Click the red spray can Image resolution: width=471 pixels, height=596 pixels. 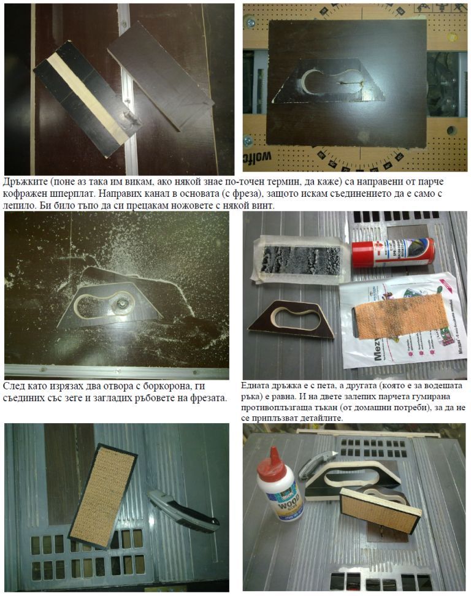pos(393,253)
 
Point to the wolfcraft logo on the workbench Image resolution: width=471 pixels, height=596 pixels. pos(258,156)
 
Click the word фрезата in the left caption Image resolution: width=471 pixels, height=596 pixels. pos(209,399)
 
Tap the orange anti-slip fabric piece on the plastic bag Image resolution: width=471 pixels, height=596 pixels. pos(400,318)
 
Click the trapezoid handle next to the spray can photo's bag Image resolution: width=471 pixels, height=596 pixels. pos(291,319)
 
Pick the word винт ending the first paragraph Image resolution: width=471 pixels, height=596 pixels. pos(264,205)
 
